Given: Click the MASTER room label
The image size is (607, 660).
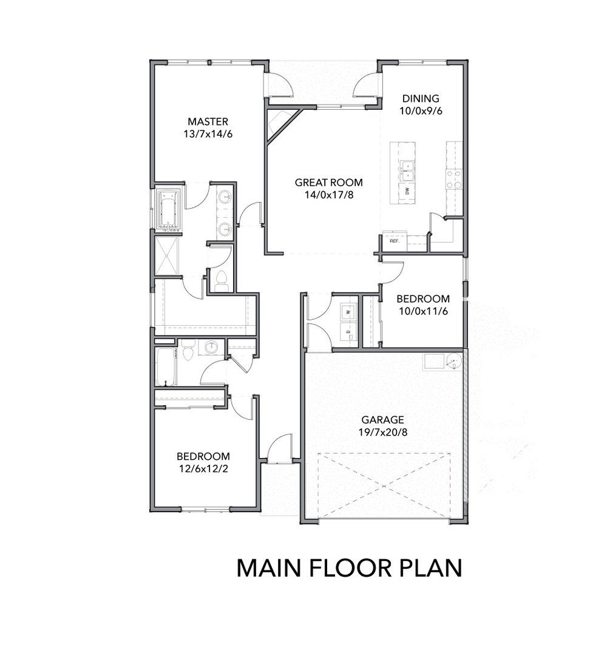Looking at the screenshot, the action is click(x=208, y=122).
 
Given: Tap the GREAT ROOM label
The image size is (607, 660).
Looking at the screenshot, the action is click(x=328, y=183).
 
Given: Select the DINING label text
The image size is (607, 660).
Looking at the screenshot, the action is click(x=421, y=98).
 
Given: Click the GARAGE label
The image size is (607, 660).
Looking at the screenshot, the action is click(x=382, y=420).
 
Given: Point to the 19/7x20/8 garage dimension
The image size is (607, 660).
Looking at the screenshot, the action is click(x=384, y=433).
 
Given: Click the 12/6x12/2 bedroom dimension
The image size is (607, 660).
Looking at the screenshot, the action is click(x=203, y=469).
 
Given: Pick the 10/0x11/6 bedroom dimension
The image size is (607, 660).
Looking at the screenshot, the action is click(x=423, y=311).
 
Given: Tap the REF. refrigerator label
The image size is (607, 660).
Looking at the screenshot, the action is click(x=395, y=241).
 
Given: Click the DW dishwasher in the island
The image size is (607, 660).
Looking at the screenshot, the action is click(x=407, y=192).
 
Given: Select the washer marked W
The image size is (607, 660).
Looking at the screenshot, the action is click(x=348, y=312).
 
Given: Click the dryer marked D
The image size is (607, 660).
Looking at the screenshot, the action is click(x=348, y=331).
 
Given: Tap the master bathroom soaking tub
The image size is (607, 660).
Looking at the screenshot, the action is click(x=169, y=210).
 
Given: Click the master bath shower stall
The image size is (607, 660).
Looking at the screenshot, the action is click(x=167, y=257).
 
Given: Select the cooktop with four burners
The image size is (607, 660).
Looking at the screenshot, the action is click(x=455, y=180).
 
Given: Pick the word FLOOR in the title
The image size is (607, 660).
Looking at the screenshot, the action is click(x=350, y=568).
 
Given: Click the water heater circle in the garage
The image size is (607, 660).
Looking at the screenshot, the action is click(x=454, y=361).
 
